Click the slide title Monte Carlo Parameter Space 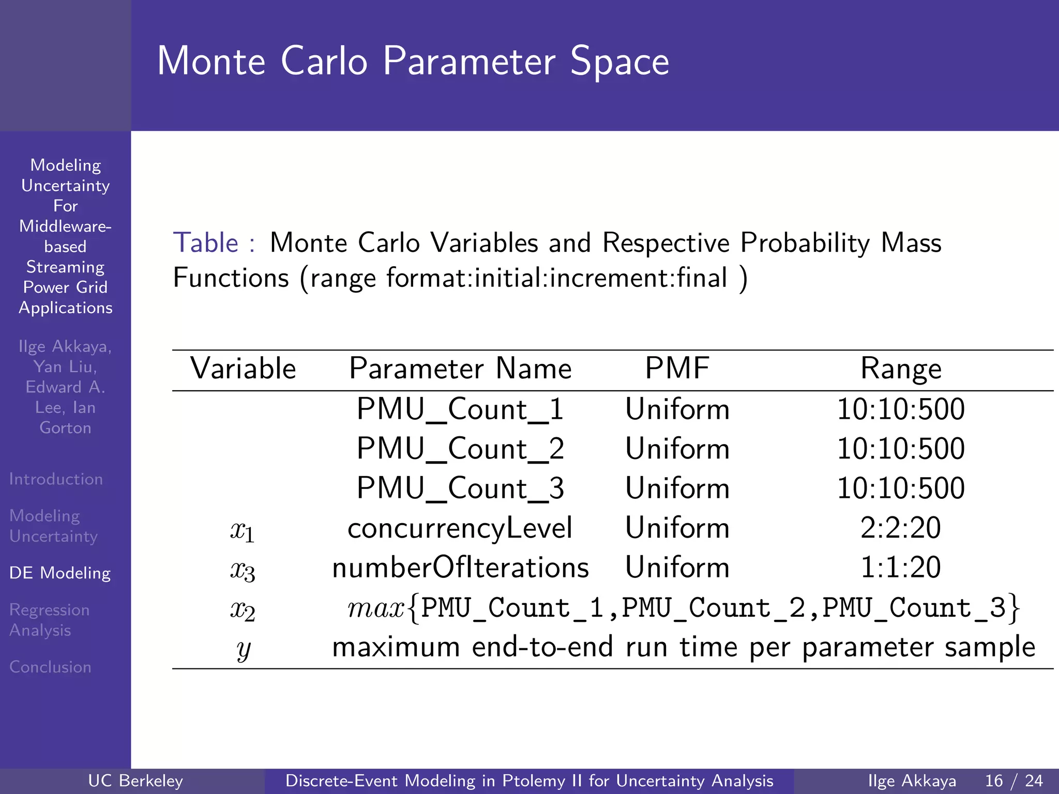click(413, 62)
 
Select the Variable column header click(243, 369)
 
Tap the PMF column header click(677, 369)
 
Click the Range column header click(900, 369)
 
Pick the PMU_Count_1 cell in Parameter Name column click(460, 409)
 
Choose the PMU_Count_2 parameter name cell click(460, 449)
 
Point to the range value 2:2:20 click(900, 528)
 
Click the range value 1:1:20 click(900, 568)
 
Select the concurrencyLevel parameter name click(460, 528)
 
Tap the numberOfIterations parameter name click(460, 568)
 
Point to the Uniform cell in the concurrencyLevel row click(677, 528)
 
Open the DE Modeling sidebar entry click(60, 573)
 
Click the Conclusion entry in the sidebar click(50, 667)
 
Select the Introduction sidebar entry click(56, 479)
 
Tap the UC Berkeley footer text click(135, 781)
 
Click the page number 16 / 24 click(1013, 781)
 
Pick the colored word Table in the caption click(206, 243)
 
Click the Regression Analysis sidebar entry click(49, 620)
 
